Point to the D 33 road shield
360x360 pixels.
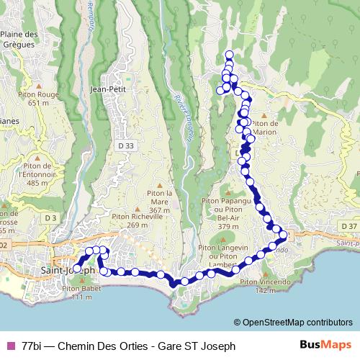click(125, 145)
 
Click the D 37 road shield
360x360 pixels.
click(349, 226)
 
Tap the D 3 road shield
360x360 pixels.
click(50, 217)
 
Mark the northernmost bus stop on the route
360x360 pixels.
click(230, 55)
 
